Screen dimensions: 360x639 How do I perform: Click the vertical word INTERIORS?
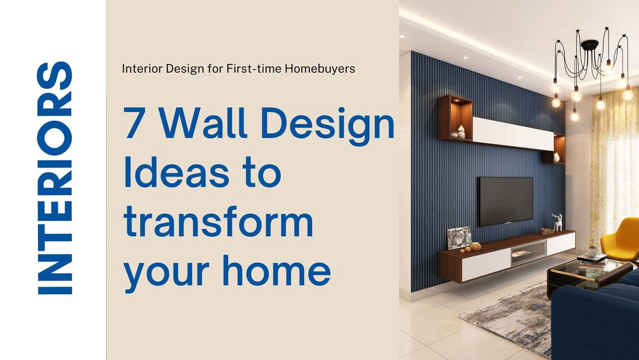pyautogui.click(x=54, y=178)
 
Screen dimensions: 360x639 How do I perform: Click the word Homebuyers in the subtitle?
pyautogui.click(x=319, y=69)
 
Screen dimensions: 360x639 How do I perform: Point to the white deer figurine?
pyautogui.click(x=557, y=222)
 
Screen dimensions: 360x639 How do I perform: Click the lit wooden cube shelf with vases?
pyautogui.click(x=454, y=118)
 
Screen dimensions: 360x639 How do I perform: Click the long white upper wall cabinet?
pyautogui.click(x=512, y=134)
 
